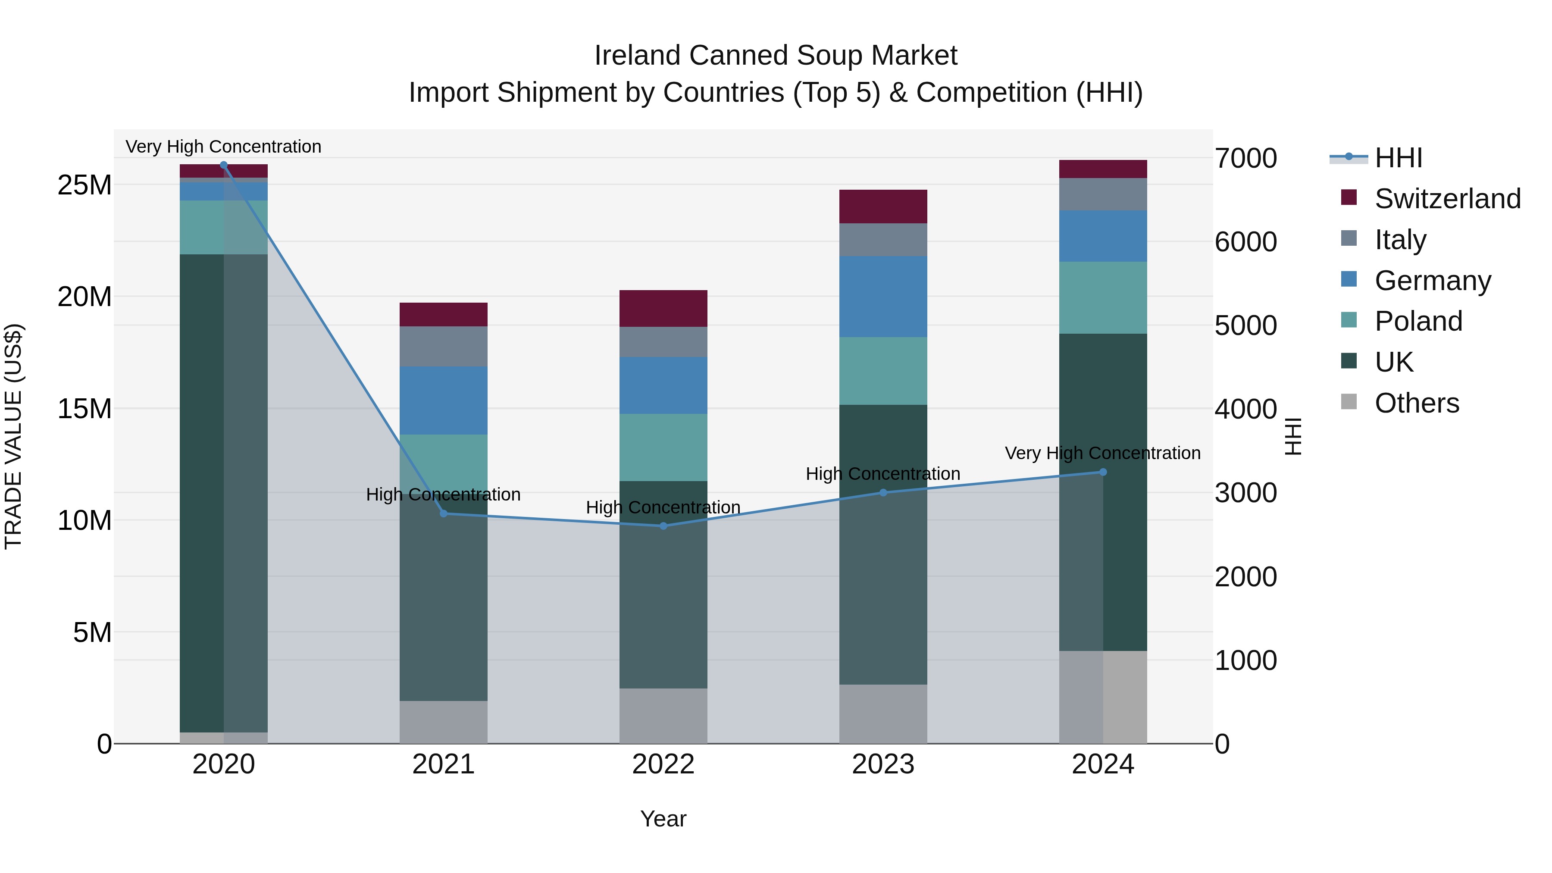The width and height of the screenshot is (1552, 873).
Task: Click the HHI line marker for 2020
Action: pyautogui.click(x=223, y=165)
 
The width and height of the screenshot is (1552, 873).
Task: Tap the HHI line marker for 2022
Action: pyautogui.click(x=663, y=526)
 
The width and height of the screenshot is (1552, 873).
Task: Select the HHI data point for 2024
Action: pyautogui.click(x=1103, y=472)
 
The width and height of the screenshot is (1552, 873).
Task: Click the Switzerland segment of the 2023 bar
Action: pyautogui.click(x=883, y=207)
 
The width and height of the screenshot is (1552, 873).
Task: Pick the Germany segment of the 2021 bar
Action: pyautogui.click(x=444, y=400)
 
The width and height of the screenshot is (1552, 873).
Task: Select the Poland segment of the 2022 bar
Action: pyautogui.click(x=663, y=447)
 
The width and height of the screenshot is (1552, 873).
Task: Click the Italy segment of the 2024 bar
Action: pyautogui.click(x=1103, y=194)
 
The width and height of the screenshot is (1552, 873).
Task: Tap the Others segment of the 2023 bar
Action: pyautogui.click(x=883, y=713)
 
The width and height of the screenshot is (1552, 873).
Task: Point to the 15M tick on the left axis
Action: pyautogui.click(x=84, y=409)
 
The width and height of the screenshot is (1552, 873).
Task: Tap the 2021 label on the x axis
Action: pyautogui.click(x=444, y=764)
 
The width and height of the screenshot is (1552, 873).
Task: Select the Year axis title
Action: pyautogui.click(x=663, y=819)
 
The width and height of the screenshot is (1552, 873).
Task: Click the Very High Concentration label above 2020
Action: pyautogui.click(x=223, y=147)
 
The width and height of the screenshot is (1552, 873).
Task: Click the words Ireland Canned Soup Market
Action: pyautogui.click(x=776, y=56)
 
